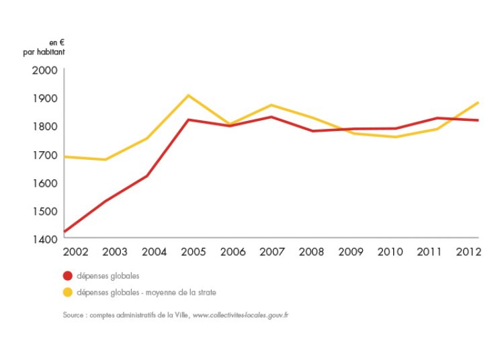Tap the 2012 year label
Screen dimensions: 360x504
[x=467, y=253]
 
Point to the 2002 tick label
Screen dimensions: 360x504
[x=75, y=253]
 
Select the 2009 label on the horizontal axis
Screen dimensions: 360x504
[x=351, y=253]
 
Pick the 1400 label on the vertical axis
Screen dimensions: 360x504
[x=45, y=239]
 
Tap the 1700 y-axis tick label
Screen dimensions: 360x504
[x=45, y=155]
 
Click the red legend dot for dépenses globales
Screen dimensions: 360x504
[x=67, y=275]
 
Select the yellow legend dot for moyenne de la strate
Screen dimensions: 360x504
[x=67, y=292]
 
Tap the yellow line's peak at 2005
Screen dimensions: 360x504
[x=189, y=95]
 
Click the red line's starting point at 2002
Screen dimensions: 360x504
[x=65, y=232]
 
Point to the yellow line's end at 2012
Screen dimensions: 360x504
[x=478, y=103]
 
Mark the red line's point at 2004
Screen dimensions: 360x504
[x=147, y=176]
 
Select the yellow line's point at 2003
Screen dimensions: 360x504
[x=106, y=160]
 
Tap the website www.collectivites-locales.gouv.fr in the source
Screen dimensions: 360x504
[x=240, y=314]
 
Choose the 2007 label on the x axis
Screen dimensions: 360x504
[x=272, y=253]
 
